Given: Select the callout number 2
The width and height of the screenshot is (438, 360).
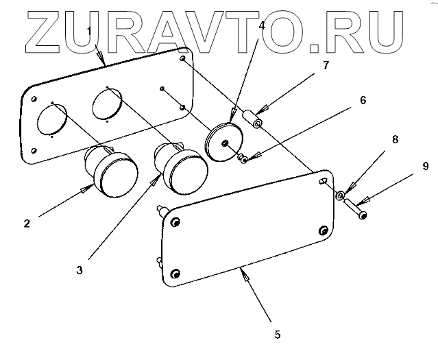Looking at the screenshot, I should (26, 223).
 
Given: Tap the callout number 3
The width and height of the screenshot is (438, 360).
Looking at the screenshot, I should (80, 270).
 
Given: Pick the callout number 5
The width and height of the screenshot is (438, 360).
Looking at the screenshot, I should (277, 334).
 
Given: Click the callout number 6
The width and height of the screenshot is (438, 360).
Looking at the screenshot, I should (363, 100).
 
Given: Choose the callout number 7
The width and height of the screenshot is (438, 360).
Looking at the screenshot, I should (325, 66).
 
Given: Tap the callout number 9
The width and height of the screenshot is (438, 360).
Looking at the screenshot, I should (425, 166).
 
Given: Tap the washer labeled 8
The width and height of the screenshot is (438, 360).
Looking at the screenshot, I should (339, 196).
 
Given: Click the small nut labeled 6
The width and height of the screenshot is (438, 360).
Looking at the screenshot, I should (243, 159).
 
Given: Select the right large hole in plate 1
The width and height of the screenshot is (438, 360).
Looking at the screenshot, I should (107, 104).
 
